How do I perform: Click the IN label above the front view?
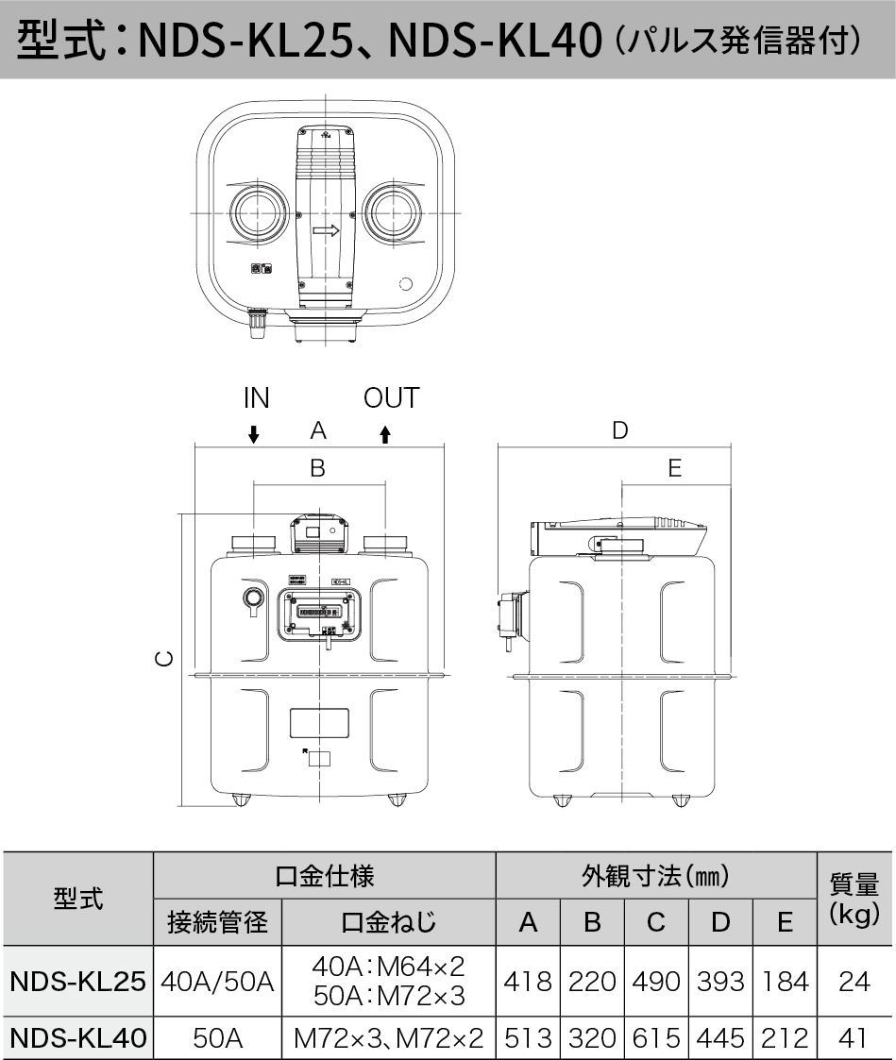point(256,398)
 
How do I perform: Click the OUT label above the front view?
point(390,398)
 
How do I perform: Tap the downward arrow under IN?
point(253,434)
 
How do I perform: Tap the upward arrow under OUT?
point(385,434)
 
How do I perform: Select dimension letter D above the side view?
point(619,430)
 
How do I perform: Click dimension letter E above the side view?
point(674,468)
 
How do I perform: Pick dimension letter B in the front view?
point(317,468)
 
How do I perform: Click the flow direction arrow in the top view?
point(326,229)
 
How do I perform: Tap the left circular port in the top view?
point(257,211)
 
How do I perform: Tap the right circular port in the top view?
point(389,211)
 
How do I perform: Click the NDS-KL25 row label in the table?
point(77,982)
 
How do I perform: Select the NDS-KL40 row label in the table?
point(77,1038)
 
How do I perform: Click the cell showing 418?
point(528,982)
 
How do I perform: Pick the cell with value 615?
point(656,1038)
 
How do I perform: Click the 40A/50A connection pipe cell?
point(217,982)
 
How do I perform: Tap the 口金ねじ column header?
point(388,921)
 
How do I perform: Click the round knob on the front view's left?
point(252,597)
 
